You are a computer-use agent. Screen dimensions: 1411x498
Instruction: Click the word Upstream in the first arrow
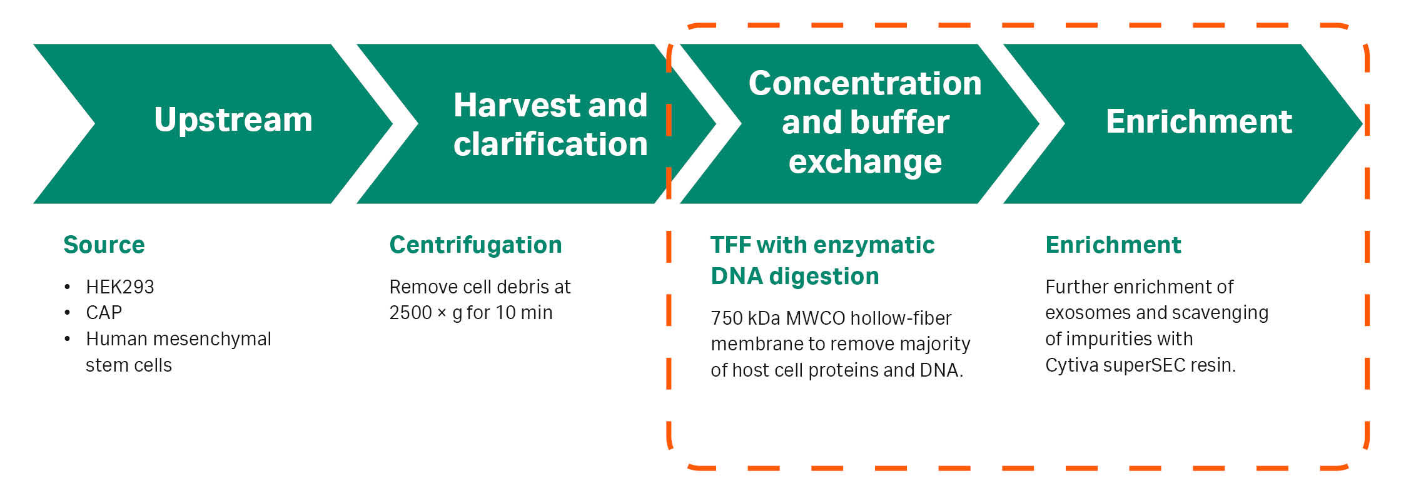[x=233, y=120]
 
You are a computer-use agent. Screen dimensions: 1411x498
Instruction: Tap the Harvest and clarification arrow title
[x=550, y=124]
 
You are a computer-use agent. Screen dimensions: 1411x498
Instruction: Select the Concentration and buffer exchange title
[x=865, y=122]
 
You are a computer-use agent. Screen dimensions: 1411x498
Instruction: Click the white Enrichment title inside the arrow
[x=1199, y=121]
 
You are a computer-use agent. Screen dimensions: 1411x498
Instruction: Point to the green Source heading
[x=104, y=245]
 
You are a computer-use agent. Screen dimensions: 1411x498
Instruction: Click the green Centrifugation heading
[x=475, y=245]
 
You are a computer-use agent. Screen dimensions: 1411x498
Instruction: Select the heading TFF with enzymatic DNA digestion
[x=822, y=260]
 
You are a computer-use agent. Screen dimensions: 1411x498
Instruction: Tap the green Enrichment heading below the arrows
[x=1113, y=245]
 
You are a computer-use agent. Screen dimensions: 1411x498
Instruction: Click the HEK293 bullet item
[x=120, y=287]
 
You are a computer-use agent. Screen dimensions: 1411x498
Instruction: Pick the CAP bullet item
[x=104, y=312]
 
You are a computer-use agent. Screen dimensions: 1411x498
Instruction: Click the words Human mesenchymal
[x=178, y=339]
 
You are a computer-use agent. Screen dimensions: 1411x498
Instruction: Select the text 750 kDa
[x=746, y=318]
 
